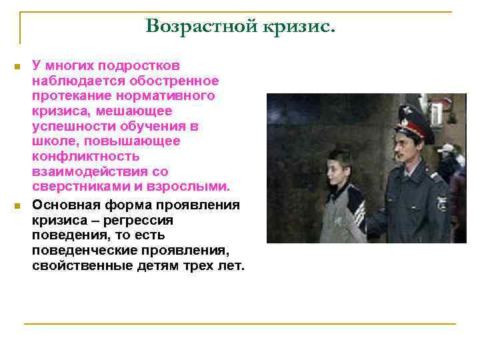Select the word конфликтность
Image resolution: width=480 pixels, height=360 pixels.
(x=86, y=156)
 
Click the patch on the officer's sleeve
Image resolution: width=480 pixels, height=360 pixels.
(x=441, y=202)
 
